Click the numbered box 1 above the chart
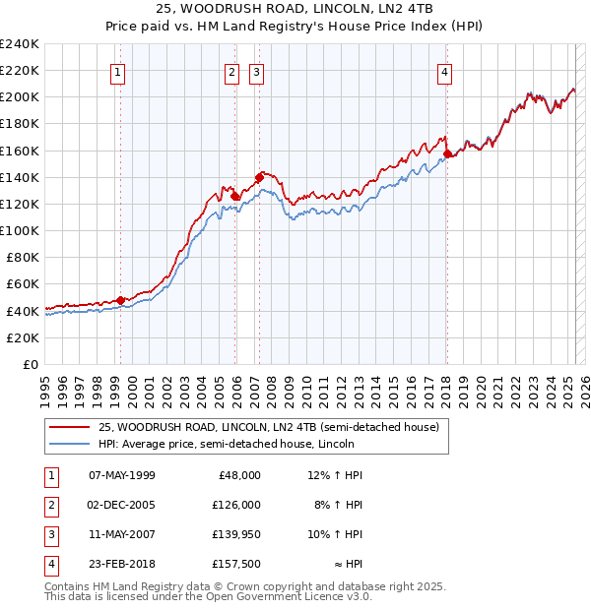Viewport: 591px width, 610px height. pos(117,71)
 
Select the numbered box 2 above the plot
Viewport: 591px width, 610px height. pos(231,71)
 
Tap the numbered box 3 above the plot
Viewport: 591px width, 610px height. pos(255,71)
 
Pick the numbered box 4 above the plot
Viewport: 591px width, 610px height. pos(445,71)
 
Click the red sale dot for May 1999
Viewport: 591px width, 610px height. pos(120,300)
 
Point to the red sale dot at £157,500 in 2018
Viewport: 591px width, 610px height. pos(447,153)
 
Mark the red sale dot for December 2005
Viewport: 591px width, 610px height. pos(235,196)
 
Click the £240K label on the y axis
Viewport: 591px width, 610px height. pos(20,44)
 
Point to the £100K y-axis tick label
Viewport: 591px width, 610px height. pos(20,230)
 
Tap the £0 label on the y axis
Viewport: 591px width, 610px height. pos(30,364)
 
